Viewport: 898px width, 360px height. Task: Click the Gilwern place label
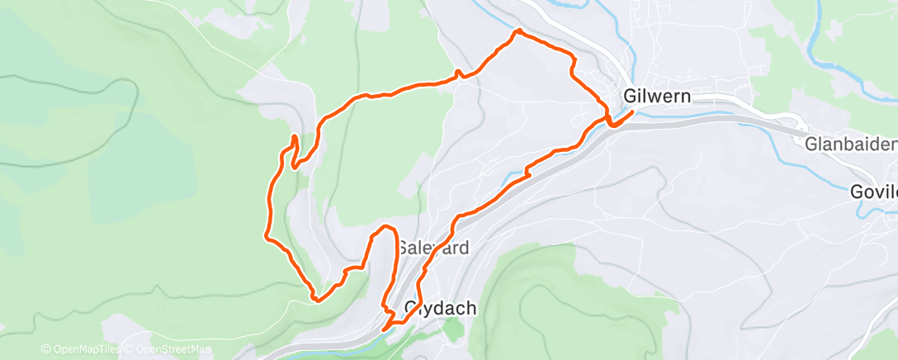point(658,97)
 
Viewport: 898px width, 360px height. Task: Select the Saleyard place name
point(433,247)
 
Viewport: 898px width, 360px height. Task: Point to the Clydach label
point(440,308)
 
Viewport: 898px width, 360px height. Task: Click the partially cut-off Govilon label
point(874,192)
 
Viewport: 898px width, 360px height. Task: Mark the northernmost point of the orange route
point(518,31)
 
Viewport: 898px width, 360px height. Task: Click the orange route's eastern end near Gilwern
point(632,111)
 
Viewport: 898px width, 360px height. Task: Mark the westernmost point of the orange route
point(265,237)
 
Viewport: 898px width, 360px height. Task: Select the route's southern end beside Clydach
point(385,329)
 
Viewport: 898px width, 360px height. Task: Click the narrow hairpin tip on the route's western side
point(294,135)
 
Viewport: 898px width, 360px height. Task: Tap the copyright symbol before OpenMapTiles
point(45,350)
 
